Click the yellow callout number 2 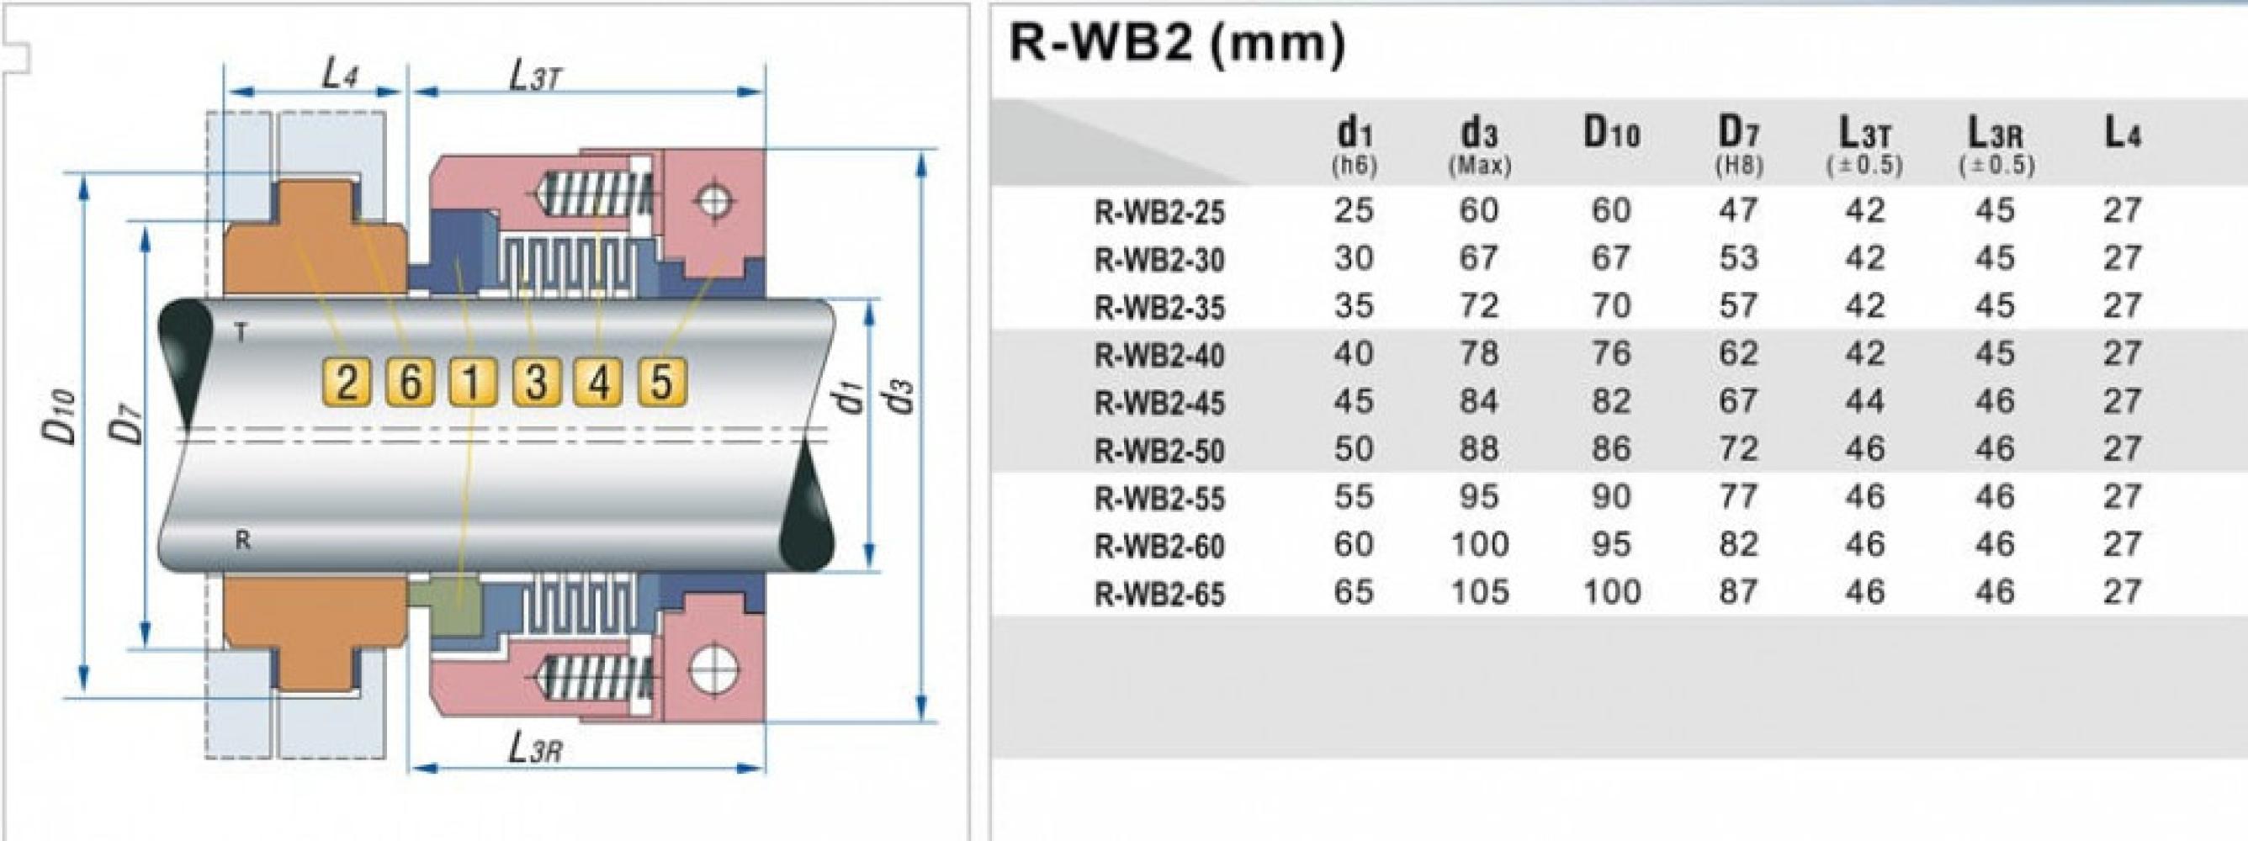(x=347, y=382)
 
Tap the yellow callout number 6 (x=409, y=382)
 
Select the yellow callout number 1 (x=472, y=382)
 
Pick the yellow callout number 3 (x=536, y=382)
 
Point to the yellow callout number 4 (x=599, y=382)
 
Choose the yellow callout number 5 (x=661, y=382)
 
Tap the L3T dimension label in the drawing (x=534, y=77)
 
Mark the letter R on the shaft (x=242, y=541)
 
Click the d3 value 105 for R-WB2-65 (x=1479, y=592)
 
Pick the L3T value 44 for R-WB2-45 (x=1865, y=401)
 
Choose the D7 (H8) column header (x=1737, y=145)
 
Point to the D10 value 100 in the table (x=1611, y=592)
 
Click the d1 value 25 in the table (x=1354, y=210)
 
